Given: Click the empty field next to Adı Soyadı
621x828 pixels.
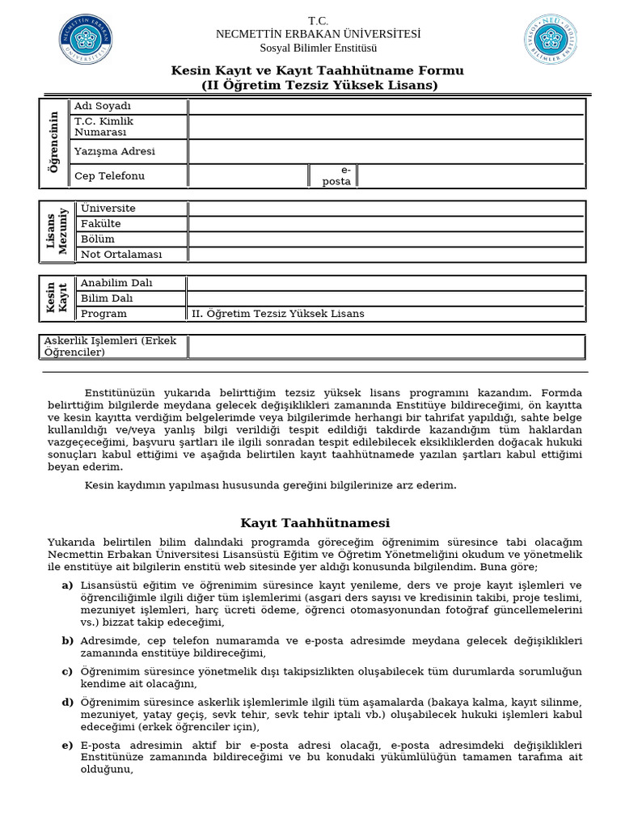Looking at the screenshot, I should (386, 107).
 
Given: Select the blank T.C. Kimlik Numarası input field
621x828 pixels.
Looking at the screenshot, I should (386, 127).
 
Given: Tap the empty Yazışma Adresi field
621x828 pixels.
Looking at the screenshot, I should (386, 151).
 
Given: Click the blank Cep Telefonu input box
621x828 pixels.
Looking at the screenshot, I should (247, 175).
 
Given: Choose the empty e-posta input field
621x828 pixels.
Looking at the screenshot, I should (470, 175).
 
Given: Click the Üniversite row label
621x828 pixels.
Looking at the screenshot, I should (108, 209).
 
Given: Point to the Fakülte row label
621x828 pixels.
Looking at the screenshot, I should (101, 224).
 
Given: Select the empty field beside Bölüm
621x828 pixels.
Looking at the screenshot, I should (386, 239).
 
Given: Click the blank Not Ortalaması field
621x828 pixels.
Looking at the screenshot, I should (386, 255).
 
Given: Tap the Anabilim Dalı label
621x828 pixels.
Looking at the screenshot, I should (116, 283).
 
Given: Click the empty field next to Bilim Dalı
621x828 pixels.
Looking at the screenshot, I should (386, 298).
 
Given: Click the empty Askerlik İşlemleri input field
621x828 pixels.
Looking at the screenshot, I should (386, 347).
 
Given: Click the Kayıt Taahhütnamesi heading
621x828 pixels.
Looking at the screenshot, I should (315, 523).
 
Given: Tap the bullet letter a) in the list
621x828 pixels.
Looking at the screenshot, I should (67, 585).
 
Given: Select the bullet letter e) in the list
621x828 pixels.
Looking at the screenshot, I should (67, 745).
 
